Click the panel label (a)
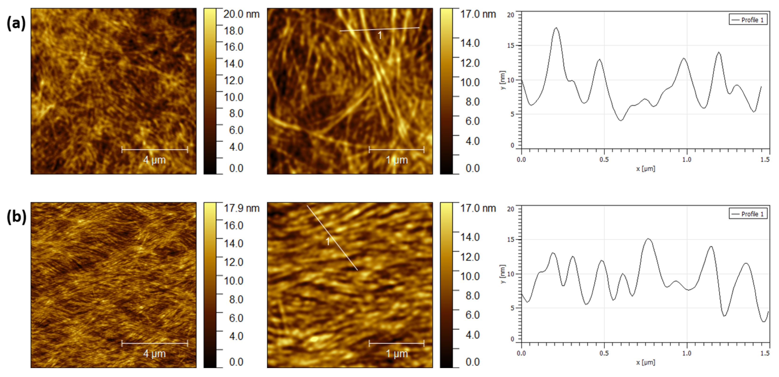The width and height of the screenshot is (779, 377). [x=16, y=23]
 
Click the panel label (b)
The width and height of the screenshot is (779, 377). [x=16, y=217]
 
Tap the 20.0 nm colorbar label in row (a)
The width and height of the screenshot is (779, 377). [x=241, y=14]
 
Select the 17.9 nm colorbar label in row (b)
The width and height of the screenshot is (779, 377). [x=241, y=208]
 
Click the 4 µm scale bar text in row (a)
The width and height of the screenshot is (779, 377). [x=154, y=160]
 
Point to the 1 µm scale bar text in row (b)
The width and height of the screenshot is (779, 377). [x=397, y=353]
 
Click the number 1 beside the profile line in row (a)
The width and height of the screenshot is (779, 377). [x=380, y=36]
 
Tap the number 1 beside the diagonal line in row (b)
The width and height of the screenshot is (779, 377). [x=328, y=241]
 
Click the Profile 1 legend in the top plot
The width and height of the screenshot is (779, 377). [x=748, y=20]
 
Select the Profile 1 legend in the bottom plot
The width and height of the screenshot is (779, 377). [x=748, y=214]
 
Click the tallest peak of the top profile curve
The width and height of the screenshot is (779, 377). [x=556, y=28]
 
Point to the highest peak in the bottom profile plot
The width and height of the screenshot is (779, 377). [x=648, y=239]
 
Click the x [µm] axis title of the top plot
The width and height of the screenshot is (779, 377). [x=645, y=169]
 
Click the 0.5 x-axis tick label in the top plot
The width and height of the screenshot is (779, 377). [x=604, y=159]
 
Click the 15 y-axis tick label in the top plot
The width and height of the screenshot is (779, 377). [x=510, y=46]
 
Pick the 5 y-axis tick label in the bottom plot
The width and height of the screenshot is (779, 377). [x=512, y=308]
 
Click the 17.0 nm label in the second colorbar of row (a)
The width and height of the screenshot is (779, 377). [x=478, y=14]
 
